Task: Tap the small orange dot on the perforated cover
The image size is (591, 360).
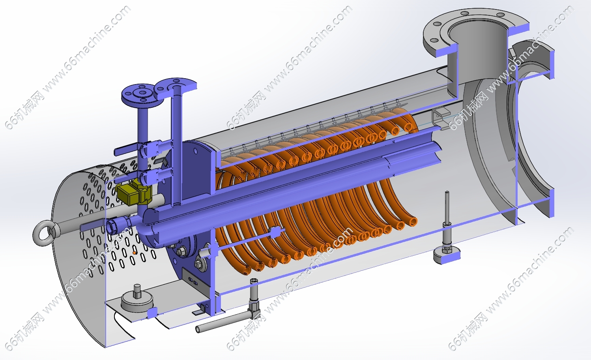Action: click(x=134, y=253)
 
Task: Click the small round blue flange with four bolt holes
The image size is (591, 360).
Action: click(x=139, y=94)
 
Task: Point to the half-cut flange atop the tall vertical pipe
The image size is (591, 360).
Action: click(x=176, y=86)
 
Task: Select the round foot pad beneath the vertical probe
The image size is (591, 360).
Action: click(x=447, y=255)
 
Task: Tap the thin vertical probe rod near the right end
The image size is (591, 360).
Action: click(x=447, y=208)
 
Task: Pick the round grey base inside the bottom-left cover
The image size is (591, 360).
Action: click(x=137, y=303)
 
